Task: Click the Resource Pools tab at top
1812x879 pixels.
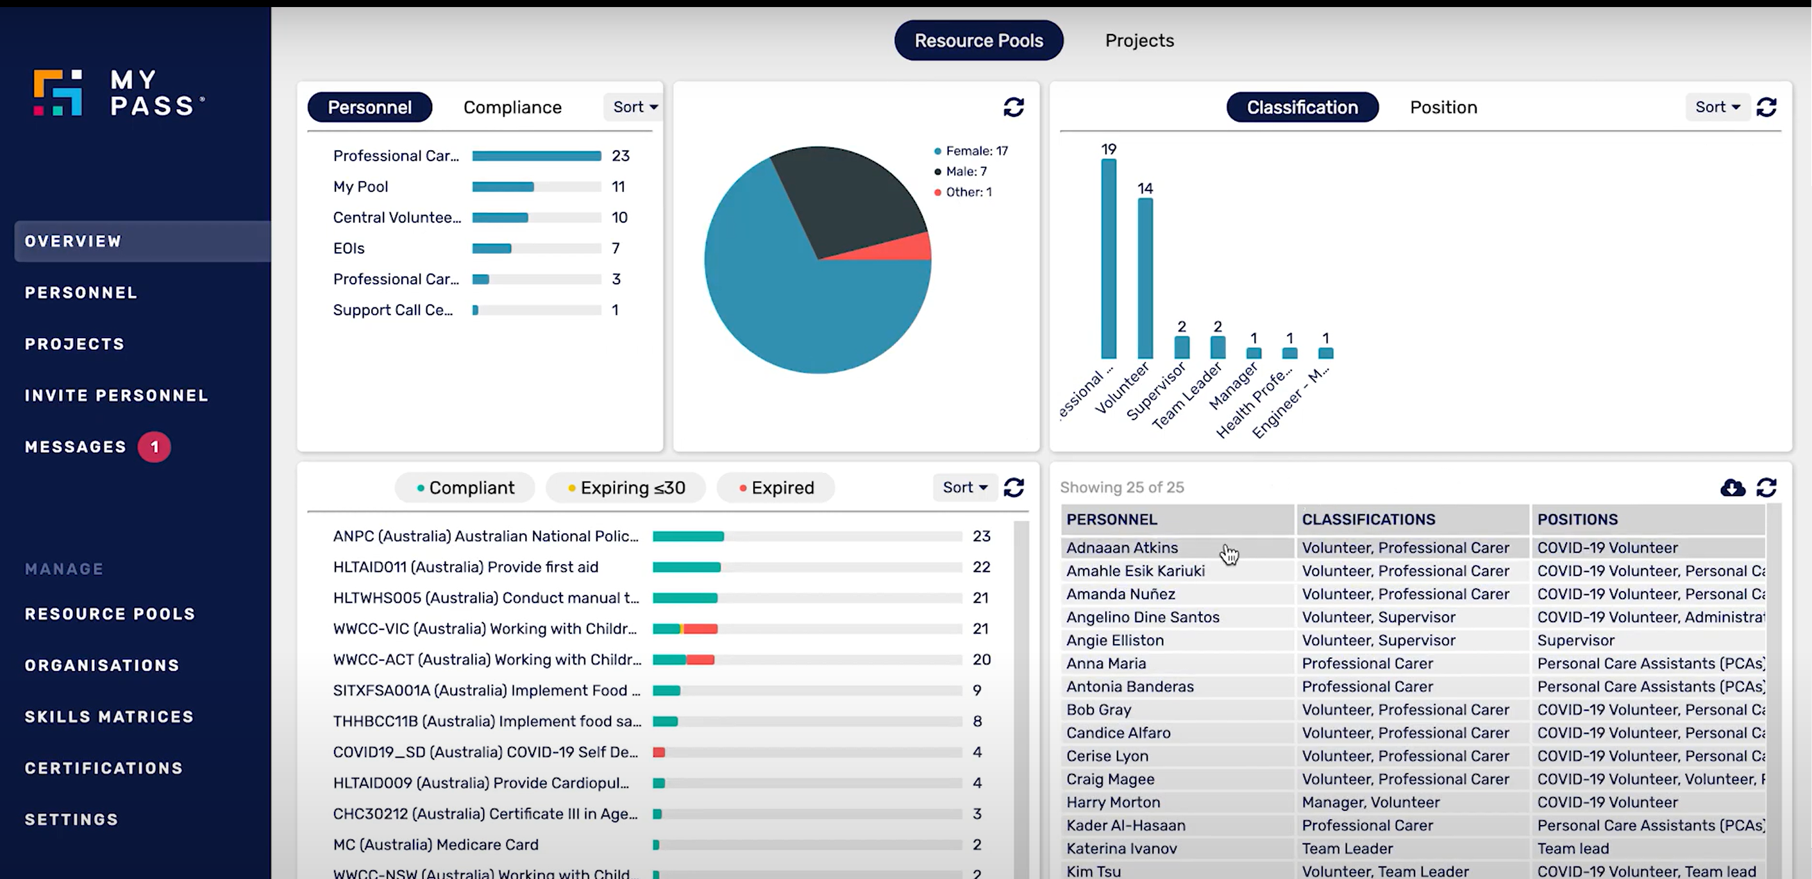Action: click(978, 41)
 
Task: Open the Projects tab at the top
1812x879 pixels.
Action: click(1139, 41)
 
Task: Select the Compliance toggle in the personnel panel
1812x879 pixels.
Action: click(512, 107)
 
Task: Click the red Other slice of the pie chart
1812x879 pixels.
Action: click(914, 248)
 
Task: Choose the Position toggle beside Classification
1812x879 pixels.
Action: click(1443, 107)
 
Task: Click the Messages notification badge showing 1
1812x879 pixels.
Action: click(154, 447)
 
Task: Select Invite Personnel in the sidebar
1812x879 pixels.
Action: click(117, 395)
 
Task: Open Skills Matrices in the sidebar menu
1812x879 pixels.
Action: click(109, 717)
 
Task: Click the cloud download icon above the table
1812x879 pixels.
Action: click(1732, 488)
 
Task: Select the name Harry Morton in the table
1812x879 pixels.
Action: click(1113, 802)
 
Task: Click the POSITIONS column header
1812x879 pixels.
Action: click(1577, 519)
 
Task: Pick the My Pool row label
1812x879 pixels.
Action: click(360, 187)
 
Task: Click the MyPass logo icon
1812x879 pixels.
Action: click(58, 92)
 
